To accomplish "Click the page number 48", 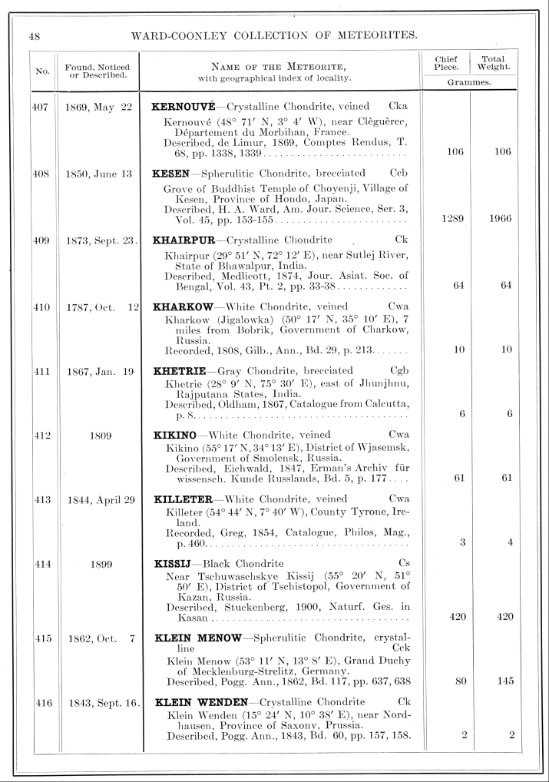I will coord(35,35).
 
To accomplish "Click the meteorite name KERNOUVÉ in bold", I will coord(184,106).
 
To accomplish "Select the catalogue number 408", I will coord(40,174).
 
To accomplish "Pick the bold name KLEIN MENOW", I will coord(199,638).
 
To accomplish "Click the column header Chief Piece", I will coord(446,63).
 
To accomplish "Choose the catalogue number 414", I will coord(41,564).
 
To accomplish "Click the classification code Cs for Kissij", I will coord(404,564).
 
